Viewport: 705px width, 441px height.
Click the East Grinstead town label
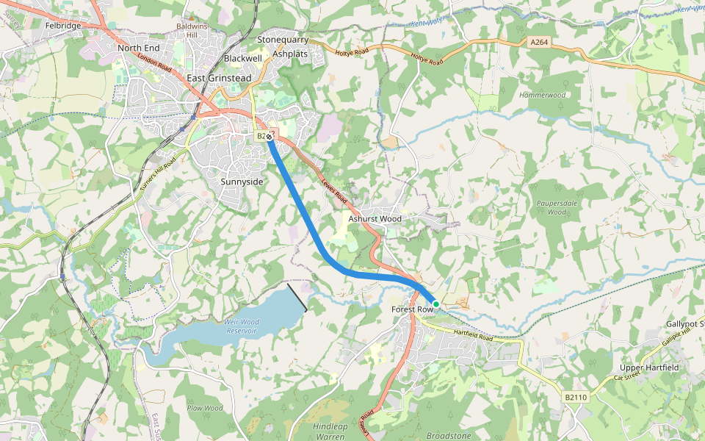[x=219, y=78]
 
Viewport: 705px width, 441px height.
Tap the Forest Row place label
[x=412, y=309]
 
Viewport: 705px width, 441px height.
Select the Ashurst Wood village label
[x=375, y=218]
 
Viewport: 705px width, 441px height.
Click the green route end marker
[x=435, y=304]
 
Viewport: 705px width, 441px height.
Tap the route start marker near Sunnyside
[x=270, y=136]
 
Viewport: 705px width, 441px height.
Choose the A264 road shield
[x=539, y=43]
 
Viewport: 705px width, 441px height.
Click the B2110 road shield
[x=576, y=397]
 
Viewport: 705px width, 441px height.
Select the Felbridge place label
[x=62, y=25]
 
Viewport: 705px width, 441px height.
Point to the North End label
[x=138, y=48]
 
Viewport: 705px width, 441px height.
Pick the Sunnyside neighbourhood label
[x=242, y=181]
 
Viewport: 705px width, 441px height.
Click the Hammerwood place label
[x=542, y=95]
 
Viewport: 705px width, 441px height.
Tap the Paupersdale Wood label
[x=557, y=207]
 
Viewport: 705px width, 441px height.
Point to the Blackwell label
[x=243, y=57]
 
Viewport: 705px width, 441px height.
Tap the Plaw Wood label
[x=205, y=408]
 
